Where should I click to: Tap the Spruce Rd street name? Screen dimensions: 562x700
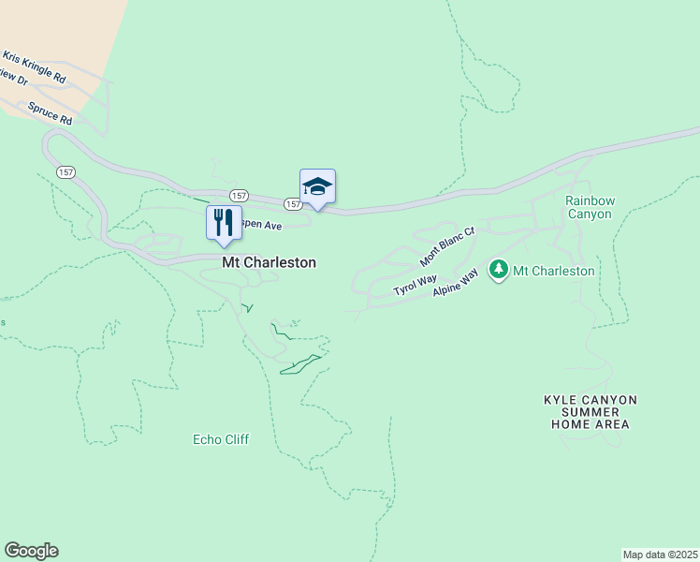(x=50, y=113)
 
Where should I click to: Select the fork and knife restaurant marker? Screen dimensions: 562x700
(x=224, y=223)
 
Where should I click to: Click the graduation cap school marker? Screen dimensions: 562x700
(x=317, y=185)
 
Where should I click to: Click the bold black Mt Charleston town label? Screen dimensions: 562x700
(x=269, y=263)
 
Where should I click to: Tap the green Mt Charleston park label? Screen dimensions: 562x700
(x=554, y=271)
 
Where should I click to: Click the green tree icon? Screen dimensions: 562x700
(x=499, y=270)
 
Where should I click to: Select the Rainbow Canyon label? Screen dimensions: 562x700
(x=589, y=207)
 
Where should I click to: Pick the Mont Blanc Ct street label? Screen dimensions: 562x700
(x=447, y=245)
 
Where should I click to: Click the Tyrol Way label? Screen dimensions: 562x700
(x=415, y=284)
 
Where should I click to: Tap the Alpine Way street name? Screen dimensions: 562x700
(x=456, y=283)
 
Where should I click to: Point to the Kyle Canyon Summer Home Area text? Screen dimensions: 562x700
(x=590, y=412)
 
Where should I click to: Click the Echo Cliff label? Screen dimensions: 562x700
(x=221, y=438)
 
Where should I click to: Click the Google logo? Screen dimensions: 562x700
(x=31, y=551)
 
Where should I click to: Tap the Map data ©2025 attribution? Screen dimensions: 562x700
(x=660, y=554)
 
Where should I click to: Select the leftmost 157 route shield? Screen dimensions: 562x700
(x=65, y=172)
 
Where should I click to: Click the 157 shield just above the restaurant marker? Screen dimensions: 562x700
(x=241, y=196)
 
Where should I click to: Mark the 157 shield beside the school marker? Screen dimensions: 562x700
(x=293, y=203)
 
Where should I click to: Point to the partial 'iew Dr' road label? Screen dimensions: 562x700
(x=14, y=81)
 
